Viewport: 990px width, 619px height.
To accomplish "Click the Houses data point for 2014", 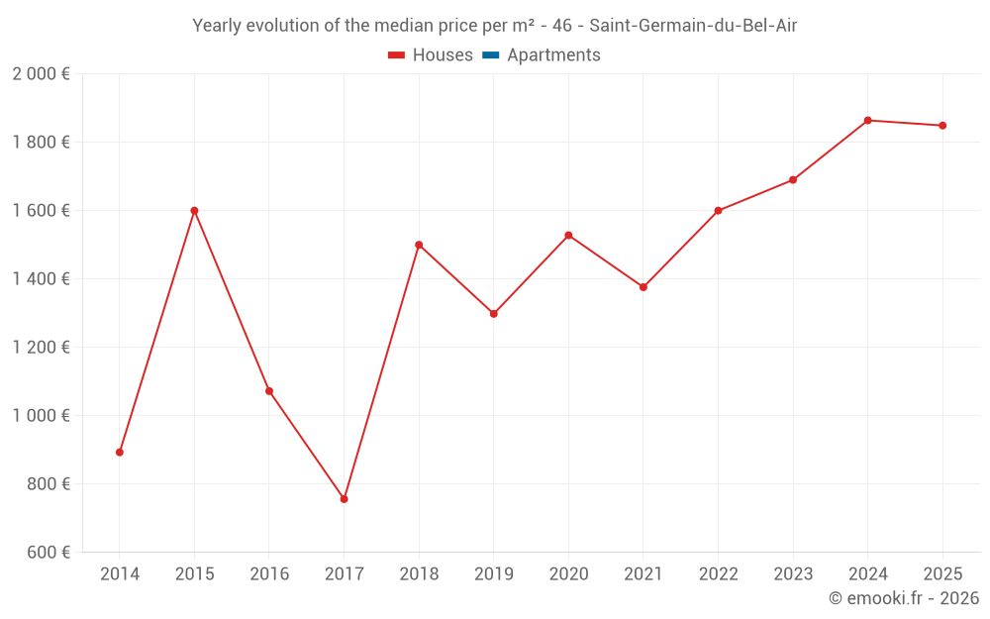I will [x=120, y=453].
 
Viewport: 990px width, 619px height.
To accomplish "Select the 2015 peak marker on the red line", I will [x=194, y=211].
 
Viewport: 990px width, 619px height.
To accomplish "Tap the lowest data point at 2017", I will [x=345, y=499].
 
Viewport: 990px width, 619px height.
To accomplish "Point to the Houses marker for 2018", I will [x=419, y=245].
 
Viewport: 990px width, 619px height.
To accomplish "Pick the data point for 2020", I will [x=568, y=236].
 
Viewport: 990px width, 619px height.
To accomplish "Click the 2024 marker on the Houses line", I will [x=867, y=121].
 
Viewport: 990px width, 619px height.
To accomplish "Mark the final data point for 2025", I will [x=942, y=126].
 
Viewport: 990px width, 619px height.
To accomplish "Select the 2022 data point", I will [x=718, y=211].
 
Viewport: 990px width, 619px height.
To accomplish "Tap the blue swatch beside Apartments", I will [x=490, y=55].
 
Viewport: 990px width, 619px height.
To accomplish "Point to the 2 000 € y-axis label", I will [x=41, y=74].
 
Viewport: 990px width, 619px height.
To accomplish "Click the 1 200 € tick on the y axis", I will [x=41, y=348].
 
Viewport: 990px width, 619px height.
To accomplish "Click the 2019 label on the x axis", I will [x=494, y=574].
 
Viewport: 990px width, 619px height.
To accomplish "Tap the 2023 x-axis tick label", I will [x=793, y=574].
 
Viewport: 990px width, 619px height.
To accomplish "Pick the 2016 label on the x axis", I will [x=269, y=574].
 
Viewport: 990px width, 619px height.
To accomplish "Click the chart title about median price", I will [x=494, y=26].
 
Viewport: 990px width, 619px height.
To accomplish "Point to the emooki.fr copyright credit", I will [x=903, y=598].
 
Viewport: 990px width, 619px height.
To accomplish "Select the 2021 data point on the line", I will [x=643, y=287].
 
